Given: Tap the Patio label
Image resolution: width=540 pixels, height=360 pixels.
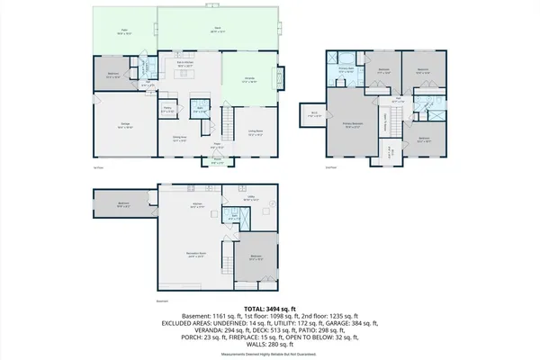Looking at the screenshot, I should tap(123, 32).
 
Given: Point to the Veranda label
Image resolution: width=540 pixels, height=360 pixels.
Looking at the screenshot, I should tap(249, 80).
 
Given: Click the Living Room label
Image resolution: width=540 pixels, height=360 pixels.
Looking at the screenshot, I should tap(256, 132).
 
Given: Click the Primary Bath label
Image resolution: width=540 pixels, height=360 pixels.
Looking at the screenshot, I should tap(345, 67).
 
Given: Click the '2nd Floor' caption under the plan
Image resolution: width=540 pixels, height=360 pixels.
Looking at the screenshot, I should tap(330, 167).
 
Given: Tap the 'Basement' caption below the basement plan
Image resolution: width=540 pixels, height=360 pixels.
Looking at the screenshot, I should tap(163, 301).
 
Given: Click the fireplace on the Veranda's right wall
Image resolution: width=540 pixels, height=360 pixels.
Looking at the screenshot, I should tap(284, 81).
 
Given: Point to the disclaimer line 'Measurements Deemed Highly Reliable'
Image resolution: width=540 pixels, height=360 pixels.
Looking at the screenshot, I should tap(269, 353).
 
